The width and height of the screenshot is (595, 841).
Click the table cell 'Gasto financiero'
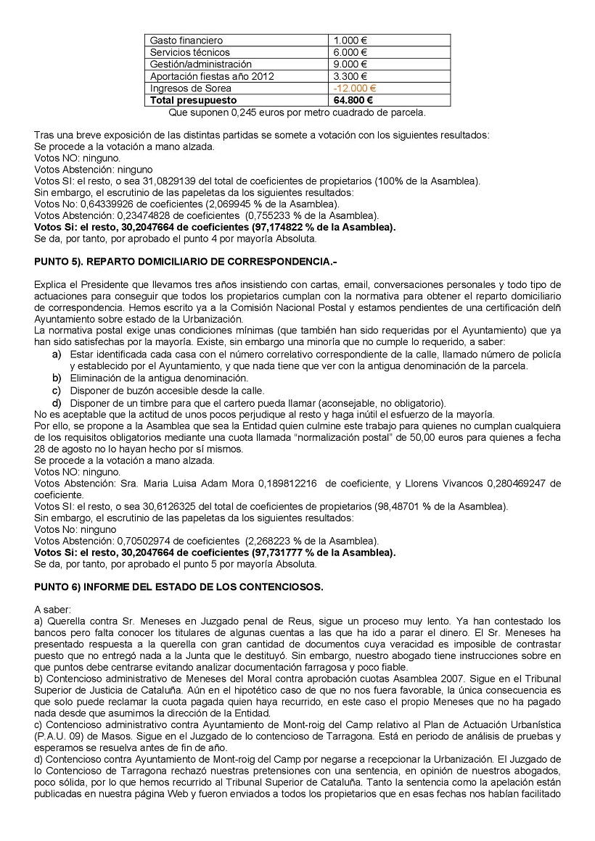point(186,41)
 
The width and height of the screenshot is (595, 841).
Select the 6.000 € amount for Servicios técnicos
point(350,52)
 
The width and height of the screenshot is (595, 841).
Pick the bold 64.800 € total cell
point(353,100)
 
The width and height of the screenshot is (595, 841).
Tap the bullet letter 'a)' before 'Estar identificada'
point(56,353)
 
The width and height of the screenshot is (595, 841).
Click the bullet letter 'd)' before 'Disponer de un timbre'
point(56,403)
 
